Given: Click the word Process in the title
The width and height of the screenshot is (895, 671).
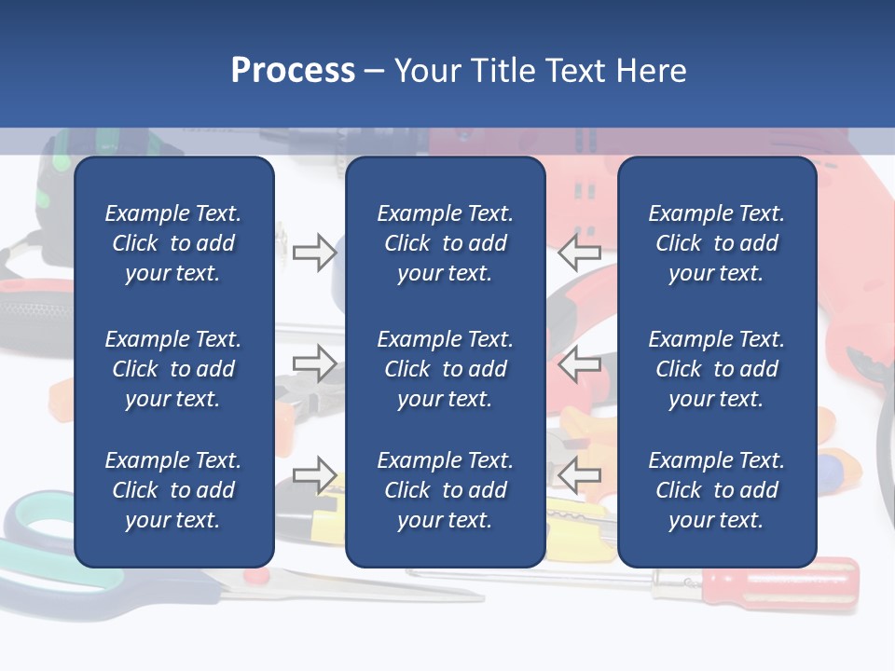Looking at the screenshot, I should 293,71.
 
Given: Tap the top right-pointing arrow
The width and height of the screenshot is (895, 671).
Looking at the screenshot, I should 314,253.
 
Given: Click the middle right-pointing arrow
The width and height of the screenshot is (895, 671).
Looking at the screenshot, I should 314,363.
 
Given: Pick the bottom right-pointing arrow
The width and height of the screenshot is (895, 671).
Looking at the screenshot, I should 314,475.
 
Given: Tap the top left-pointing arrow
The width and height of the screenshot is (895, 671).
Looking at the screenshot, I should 579,253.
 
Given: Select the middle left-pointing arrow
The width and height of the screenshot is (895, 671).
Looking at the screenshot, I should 579,363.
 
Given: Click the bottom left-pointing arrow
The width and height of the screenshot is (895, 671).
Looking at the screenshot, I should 579,475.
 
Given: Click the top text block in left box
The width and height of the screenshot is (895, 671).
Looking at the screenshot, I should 173,243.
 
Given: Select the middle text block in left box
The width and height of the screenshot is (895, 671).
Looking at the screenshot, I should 173,369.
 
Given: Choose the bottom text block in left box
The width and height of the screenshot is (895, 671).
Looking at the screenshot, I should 173,490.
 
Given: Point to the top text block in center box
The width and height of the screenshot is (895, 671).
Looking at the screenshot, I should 445,243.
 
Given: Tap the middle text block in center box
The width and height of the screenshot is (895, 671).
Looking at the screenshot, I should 445,369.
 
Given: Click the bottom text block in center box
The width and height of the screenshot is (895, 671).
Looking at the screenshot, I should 445,490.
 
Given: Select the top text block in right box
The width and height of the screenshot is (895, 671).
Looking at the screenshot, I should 716,243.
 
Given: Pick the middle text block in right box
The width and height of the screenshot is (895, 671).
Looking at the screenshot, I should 716,369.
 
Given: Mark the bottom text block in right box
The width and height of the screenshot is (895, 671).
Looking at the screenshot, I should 716,490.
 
